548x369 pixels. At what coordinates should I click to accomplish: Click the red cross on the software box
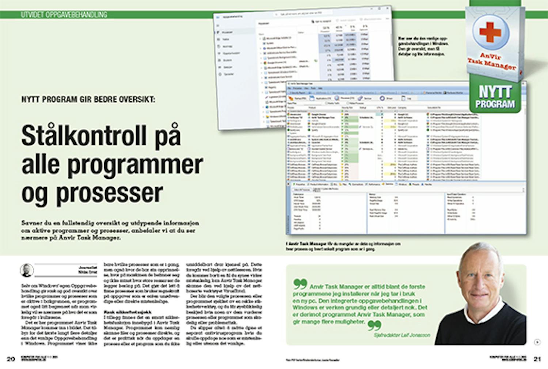point(490,32)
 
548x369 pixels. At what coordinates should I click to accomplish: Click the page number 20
point(11,359)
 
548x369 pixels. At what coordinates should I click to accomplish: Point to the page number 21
point(537,359)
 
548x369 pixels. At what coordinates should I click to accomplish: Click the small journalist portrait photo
point(27,271)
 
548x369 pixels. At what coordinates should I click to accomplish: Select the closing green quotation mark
point(374,325)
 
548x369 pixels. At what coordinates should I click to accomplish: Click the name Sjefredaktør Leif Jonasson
point(402,335)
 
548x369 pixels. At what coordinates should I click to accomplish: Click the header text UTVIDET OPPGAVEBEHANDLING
point(64,15)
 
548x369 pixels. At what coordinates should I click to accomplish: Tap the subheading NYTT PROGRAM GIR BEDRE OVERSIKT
point(88,99)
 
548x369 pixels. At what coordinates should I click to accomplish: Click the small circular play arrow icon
point(537,342)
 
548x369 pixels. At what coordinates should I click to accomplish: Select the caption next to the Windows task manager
point(423,46)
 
